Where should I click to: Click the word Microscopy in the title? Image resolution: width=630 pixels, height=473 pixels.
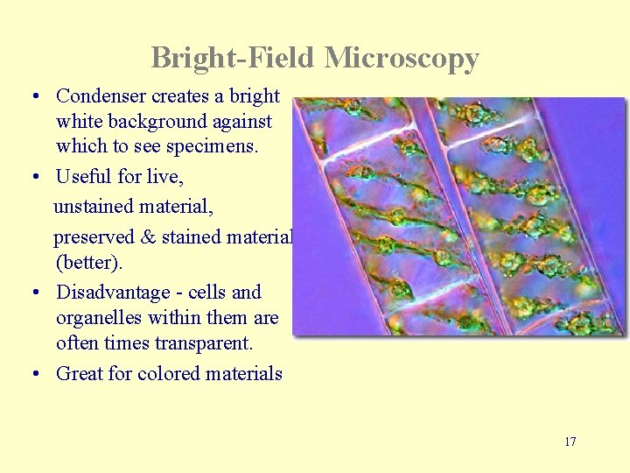click(402, 59)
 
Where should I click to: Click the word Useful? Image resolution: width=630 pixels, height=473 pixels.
click(84, 176)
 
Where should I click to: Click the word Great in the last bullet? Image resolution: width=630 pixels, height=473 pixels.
click(79, 373)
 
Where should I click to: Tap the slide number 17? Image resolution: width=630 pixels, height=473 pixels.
click(570, 441)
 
